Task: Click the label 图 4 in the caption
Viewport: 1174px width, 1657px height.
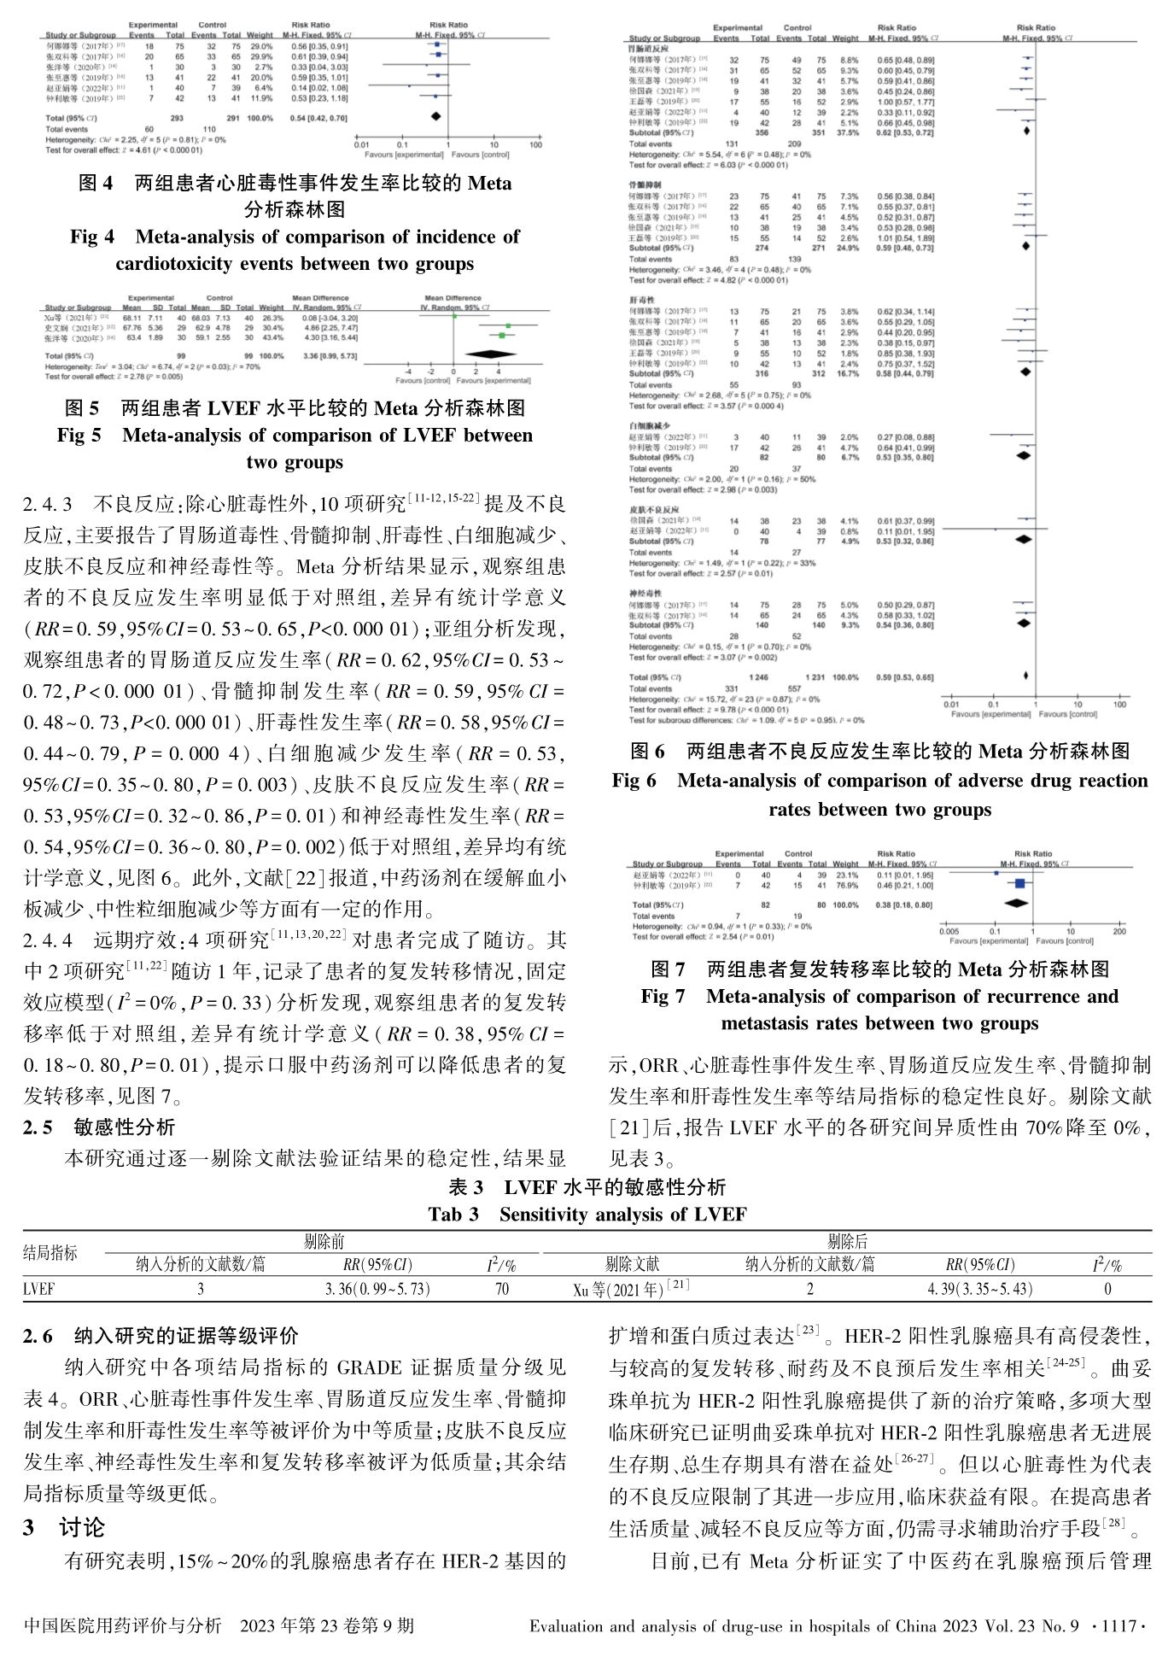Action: pos(96,183)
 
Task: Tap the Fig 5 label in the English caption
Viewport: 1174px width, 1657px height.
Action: pos(79,436)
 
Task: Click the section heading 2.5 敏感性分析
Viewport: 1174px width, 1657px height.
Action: pos(99,1127)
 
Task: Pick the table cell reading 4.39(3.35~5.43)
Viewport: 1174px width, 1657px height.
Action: pos(979,1289)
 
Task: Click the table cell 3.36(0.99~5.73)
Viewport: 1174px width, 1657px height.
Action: pos(377,1289)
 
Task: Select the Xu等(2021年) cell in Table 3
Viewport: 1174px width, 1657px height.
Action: pos(631,1289)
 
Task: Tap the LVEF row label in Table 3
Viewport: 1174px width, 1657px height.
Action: pos(39,1289)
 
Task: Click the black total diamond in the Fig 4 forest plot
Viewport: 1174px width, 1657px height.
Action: pos(435,116)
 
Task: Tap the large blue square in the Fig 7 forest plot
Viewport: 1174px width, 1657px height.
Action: pos(1019,884)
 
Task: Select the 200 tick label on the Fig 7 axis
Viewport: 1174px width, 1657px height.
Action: pos(1119,931)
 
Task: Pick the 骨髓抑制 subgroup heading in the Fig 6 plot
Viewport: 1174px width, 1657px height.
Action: pos(644,184)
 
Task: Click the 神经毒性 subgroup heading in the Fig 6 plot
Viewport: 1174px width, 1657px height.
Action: pos(644,593)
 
